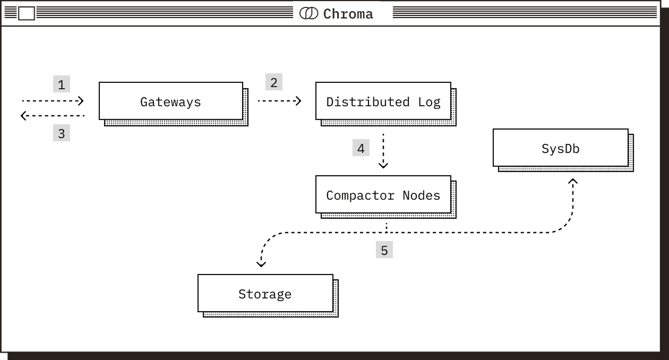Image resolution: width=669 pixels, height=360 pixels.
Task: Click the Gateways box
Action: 171,101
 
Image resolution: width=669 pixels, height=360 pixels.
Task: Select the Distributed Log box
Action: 383,101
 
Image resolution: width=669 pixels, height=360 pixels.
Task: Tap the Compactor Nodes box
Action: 383,195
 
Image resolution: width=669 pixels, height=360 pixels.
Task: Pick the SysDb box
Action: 560,148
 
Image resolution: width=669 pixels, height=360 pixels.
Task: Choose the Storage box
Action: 265,293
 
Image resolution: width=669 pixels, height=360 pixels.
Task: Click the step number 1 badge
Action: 62,84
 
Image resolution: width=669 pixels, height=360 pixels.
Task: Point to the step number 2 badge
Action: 274,82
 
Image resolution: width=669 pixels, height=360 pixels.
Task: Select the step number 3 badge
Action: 62,133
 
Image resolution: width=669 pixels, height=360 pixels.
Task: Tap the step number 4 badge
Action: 361,148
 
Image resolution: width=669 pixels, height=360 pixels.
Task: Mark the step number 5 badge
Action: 384,250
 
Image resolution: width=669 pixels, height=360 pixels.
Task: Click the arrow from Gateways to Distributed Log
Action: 279,100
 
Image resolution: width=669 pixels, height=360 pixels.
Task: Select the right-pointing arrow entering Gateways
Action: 53,100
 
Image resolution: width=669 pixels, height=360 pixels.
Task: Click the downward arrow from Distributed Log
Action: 383,151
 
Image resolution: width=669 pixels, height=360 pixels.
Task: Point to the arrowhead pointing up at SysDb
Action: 572,182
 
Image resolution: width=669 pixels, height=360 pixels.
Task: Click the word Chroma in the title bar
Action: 348,14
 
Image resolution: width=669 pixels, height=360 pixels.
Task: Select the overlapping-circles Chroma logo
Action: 308,13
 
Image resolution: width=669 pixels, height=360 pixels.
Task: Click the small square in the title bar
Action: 27,13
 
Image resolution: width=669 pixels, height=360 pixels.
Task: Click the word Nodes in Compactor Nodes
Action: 421,195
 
